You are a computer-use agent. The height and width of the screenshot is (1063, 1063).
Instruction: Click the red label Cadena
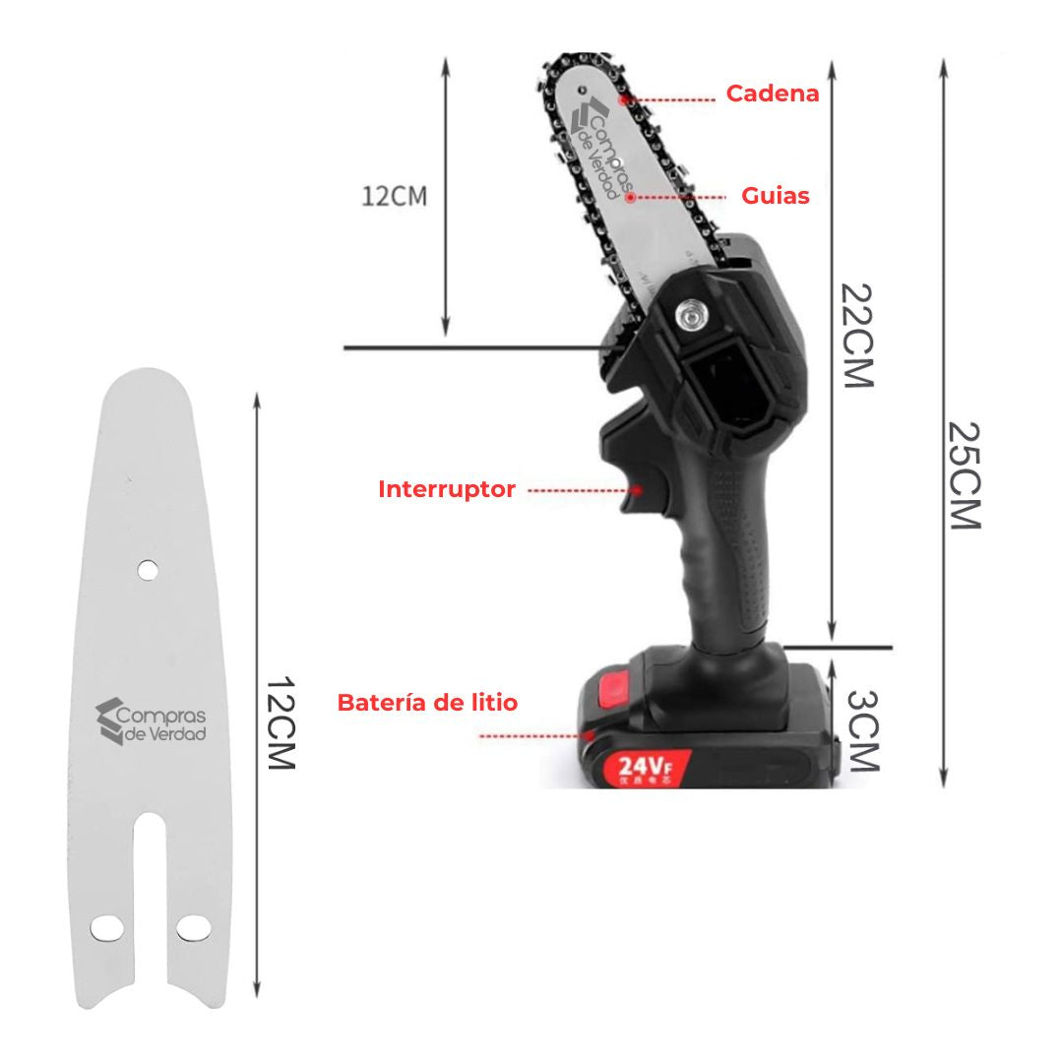pyautogui.click(x=772, y=94)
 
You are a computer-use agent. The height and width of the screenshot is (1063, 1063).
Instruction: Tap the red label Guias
pyautogui.click(x=776, y=196)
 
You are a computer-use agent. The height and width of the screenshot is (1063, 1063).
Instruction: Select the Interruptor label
pyautogui.click(x=447, y=489)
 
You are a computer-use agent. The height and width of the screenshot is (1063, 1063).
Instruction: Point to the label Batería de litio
pyautogui.click(x=427, y=703)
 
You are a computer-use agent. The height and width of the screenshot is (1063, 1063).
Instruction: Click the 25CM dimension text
pyautogui.click(x=965, y=475)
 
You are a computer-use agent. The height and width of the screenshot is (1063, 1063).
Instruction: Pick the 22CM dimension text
pyautogui.click(x=856, y=336)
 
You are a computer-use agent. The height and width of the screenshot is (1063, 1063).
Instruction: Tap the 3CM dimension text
pyautogui.click(x=861, y=729)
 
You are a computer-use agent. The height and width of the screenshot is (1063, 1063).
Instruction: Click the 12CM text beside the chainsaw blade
pyautogui.click(x=394, y=195)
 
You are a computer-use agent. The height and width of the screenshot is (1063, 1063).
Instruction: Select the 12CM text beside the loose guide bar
pyautogui.click(x=281, y=723)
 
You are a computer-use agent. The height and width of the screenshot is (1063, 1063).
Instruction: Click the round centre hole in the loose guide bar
pyautogui.click(x=147, y=569)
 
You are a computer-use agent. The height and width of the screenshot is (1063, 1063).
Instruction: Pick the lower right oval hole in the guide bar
pyautogui.click(x=194, y=927)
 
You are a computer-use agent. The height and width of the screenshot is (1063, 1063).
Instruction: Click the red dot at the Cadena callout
pyautogui.click(x=622, y=99)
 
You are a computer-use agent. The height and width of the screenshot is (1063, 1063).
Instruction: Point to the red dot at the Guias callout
pyautogui.click(x=630, y=197)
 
